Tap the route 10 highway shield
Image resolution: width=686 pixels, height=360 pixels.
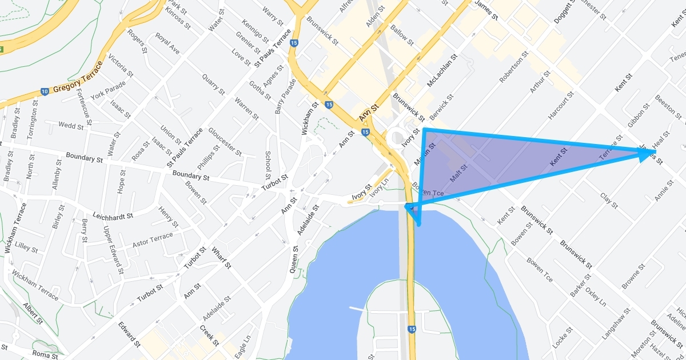click(x=45, y=91)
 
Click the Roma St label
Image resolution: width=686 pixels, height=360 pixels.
click(x=46, y=355)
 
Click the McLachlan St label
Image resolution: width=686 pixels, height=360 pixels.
click(x=442, y=71)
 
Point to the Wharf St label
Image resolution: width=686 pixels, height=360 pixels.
click(x=221, y=257)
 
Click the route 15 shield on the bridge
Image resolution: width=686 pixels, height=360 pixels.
click(x=412, y=329)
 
